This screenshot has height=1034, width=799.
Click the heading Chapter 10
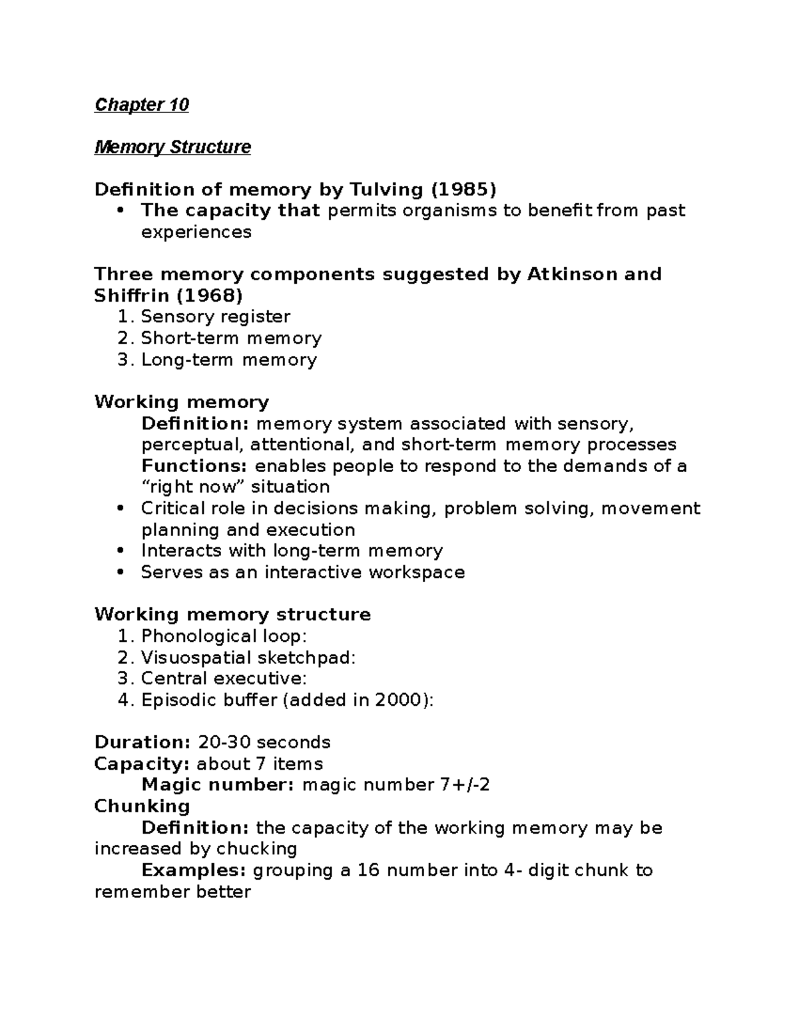click(x=142, y=105)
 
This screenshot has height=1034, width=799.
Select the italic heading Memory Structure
click(x=172, y=147)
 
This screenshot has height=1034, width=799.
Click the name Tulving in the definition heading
click(x=382, y=190)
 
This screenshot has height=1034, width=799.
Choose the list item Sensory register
click(x=215, y=316)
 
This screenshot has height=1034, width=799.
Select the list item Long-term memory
click(x=228, y=360)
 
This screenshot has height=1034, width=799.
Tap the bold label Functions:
click(x=194, y=465)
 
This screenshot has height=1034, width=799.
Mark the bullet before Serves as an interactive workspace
click(x=121, y=573)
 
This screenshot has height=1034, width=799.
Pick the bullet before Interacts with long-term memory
click(x=121, y=551)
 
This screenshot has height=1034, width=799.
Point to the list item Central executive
click(x=223, y=678)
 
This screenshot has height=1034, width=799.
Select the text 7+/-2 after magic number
click(x=465, y=785)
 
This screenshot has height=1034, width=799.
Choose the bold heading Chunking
click(x=142, y=806)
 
